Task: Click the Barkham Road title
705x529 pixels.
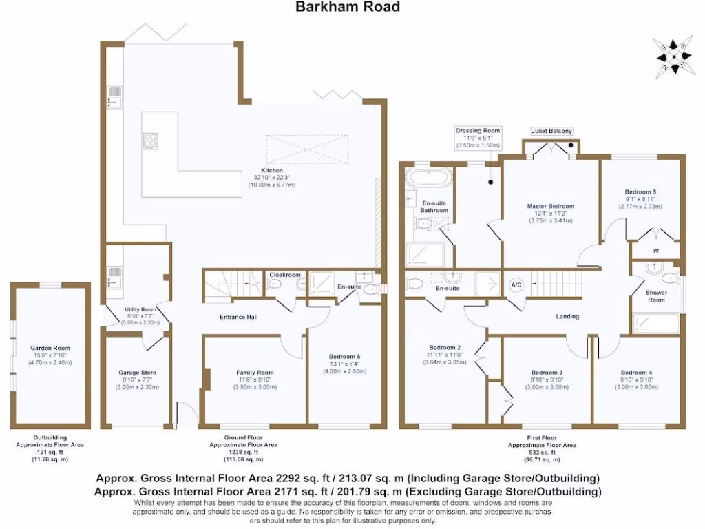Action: (347, 8)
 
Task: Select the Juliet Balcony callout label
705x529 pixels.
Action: (551, 131)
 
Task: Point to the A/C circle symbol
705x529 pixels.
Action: (516, 284)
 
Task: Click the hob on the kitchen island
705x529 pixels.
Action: (151, 141)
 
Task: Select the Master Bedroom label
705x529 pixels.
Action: (550, 206)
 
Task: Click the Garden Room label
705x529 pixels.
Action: (50, 349)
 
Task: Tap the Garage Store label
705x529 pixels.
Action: (138, 373)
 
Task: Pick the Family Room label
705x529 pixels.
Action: (255, 373)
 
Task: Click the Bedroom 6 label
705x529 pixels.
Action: (344, 356)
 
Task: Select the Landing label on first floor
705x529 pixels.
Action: (568, 317)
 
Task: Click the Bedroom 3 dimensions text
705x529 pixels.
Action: (547, 387)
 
